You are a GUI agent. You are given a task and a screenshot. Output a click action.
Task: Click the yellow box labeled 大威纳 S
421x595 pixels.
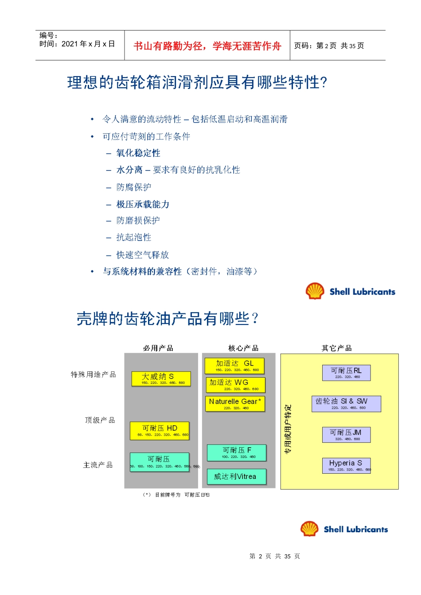161,379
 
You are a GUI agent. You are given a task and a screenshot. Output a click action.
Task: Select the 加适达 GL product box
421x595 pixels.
234,366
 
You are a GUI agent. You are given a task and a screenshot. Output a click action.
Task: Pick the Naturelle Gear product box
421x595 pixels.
235,404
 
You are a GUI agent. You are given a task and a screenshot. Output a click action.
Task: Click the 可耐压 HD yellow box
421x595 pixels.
160,430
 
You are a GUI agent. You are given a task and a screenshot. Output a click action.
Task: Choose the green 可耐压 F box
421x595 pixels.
237,452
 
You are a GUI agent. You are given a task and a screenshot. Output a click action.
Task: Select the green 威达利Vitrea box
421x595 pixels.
237,476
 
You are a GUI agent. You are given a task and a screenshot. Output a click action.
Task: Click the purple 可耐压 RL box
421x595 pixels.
346,373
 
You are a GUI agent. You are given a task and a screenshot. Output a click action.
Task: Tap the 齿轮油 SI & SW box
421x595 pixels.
346,404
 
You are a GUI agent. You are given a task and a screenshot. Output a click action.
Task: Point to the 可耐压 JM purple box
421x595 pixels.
346,435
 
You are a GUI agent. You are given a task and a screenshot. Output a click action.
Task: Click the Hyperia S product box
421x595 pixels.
346,465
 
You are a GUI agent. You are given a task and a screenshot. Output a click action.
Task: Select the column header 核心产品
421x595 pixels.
243,348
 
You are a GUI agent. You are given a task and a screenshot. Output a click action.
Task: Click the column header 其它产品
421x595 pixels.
337,348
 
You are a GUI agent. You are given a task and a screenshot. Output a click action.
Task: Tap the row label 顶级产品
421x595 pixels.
100,420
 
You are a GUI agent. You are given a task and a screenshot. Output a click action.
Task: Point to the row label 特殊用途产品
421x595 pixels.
94,375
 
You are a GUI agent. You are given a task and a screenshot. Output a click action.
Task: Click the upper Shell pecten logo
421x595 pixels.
315,291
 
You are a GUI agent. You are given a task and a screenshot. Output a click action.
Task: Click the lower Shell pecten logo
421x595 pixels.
309,529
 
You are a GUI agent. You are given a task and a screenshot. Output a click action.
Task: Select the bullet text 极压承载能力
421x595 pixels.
143,204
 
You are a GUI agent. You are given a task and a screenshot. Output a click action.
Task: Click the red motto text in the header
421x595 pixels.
207,46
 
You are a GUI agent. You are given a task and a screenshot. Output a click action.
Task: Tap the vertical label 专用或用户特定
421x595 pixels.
288,429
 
